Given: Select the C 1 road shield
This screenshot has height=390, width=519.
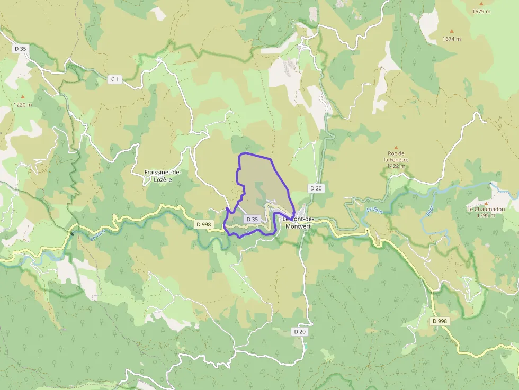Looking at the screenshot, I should coord(114,79).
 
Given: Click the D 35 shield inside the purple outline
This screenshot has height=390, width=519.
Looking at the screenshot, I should coord(252,219).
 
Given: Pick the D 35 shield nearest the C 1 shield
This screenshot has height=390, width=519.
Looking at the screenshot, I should coord(20,48).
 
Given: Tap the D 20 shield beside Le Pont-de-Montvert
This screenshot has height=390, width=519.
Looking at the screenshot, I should coord(316,188).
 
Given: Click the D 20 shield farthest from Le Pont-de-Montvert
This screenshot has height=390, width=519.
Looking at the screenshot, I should coord(300,331).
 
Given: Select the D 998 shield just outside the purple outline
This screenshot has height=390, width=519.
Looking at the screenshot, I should coord(203,224).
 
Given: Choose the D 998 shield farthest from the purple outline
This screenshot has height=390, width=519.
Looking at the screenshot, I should coord(440,321).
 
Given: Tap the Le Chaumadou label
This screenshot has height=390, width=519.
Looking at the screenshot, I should coord(485,212).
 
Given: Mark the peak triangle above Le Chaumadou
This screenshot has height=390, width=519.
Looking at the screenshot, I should coord(486,202).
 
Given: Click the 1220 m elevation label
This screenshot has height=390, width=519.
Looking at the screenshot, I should coord(22,105).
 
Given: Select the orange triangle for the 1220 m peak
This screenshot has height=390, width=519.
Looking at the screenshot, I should coord(22,97).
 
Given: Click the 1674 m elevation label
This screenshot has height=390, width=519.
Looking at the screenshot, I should coord(452,39).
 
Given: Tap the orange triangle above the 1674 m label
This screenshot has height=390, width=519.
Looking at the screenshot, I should coord(452,31).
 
